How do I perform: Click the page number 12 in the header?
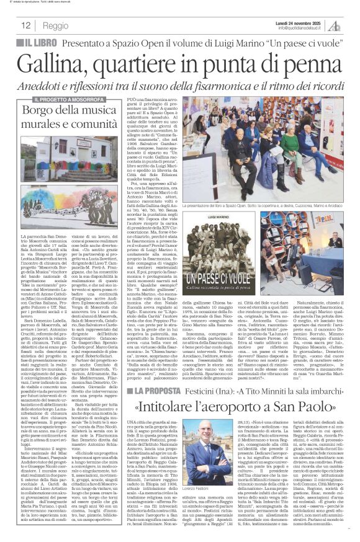[x=26, y=26]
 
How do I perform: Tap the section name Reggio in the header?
[x=56, y=26]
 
